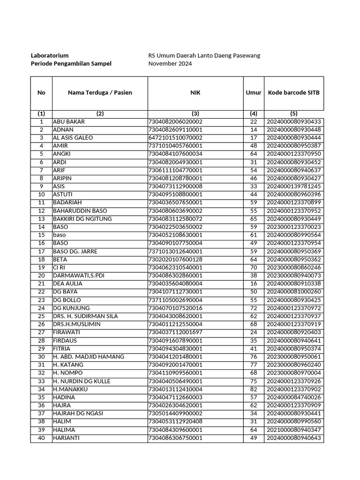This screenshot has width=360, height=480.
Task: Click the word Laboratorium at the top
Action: click(50, 55)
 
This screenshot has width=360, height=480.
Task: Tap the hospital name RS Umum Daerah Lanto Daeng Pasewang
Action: click(204, 55)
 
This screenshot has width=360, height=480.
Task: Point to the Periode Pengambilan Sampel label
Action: click(71, 64)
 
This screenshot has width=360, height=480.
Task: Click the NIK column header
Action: click(195, 93)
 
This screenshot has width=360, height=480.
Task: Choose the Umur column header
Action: click(254, 93)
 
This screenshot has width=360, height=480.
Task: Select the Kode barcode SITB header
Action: click(293, 93)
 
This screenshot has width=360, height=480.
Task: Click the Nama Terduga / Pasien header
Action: click(100, 93)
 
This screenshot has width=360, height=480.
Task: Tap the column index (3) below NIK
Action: click(195, 113)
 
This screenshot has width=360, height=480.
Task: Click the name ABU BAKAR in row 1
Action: click(69, 122)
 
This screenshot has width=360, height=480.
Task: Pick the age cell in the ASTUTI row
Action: click(254, 195)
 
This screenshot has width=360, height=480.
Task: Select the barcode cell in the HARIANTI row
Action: click(293, 438)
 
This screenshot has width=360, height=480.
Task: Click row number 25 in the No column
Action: click(41, 316)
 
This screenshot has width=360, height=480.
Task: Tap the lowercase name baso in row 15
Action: click(60, 235)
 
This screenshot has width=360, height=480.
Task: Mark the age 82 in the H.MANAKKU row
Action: click(254, 390)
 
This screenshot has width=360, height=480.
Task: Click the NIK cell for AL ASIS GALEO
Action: click(175, 138)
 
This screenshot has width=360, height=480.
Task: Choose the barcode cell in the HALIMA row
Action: click(293, 430)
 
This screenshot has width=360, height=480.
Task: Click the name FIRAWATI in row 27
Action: click(67, 332)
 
